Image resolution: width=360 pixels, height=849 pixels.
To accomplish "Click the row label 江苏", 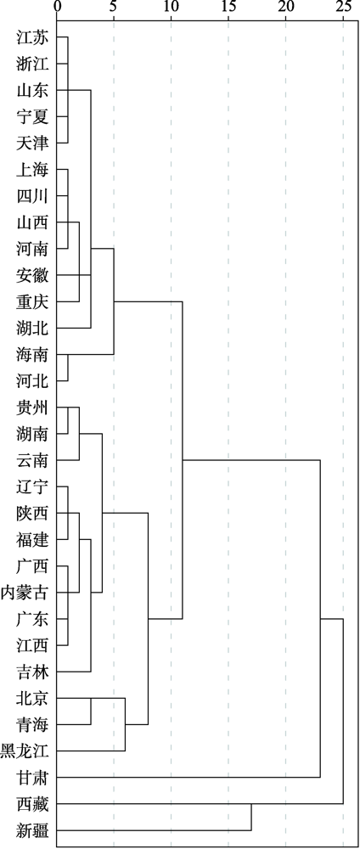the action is [33, 37].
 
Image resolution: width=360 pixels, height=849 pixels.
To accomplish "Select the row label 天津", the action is [33, 143].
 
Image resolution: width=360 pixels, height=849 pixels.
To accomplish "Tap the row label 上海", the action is [33, 170].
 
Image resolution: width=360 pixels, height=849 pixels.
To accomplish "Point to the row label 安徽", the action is [33, 276].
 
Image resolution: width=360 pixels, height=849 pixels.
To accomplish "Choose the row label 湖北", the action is [33, 329].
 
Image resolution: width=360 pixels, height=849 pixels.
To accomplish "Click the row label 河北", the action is [33, 382].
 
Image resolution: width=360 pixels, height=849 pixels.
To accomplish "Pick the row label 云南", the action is [33, 461].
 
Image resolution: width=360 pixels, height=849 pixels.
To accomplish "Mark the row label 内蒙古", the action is [25, 593].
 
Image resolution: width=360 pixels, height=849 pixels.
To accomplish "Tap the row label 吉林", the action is [33, 672].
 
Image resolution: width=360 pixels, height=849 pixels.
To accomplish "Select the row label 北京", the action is [33, 699].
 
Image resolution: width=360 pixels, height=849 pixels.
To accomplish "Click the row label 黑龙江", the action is [25, 751].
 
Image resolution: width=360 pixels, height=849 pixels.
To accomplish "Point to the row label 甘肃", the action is [33, 778].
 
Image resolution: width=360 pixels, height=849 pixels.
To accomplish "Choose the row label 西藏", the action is [33, 805].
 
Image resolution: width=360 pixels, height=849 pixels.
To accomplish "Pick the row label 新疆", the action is [33, 830].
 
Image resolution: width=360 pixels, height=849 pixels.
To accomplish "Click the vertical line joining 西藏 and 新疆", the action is [251, 818].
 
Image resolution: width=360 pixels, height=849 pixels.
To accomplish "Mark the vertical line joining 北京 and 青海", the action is [91, 711].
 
